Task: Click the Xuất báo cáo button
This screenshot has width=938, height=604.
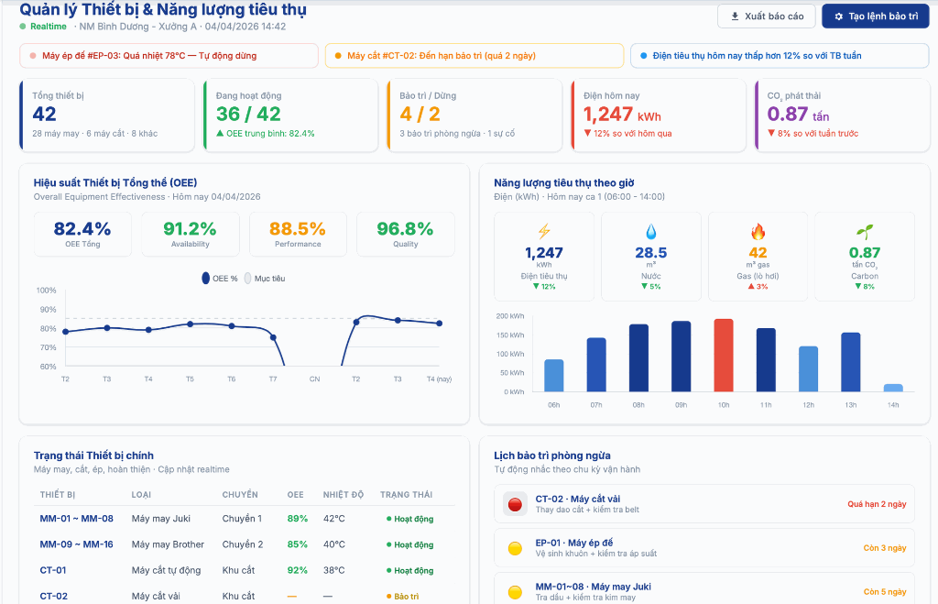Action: (x=767, y=16)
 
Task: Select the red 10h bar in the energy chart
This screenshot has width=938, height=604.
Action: (x=724, y=355)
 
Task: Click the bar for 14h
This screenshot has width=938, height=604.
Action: (x=893, y=388)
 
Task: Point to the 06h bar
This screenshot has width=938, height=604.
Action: (x=554, y=375)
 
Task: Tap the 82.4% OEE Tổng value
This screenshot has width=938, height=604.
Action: (x=82, y=229)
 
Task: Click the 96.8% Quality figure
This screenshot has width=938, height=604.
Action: (x=405, y=229)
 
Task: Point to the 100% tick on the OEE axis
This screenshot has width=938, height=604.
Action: (x=47, y=291)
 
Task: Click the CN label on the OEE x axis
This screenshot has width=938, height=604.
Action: (x=314, y=379)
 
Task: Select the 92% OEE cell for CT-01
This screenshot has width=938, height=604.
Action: (x=298, y=570)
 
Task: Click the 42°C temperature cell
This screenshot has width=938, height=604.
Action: (x=333, y=519)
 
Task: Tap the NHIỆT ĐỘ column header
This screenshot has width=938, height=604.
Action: (x=344, y=495)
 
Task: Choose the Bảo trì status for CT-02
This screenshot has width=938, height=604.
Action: (x=400, y=597)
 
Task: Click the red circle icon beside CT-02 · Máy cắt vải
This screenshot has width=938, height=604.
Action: (x=515, y=503)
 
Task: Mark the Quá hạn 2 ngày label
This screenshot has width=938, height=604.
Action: (x=877, y=504)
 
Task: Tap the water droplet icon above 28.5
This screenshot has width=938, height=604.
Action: (x=650, y=231)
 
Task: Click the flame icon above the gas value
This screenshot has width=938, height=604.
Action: (x=758, y=231)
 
